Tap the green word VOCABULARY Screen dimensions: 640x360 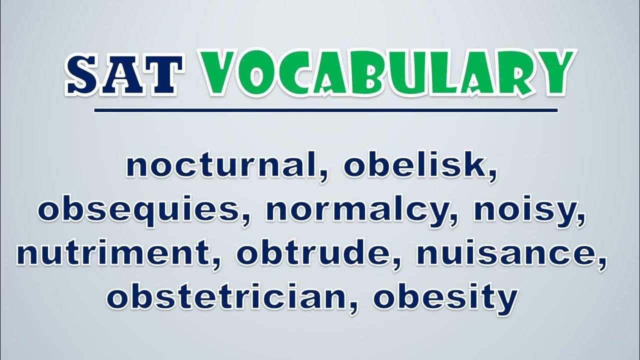pos(387,73)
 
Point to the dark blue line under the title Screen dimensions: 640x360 pos(326,110)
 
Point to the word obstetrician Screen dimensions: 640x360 pos(226,296)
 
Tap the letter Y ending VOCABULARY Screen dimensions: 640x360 pos(553,73)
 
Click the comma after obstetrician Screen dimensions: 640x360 pos(354,308)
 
